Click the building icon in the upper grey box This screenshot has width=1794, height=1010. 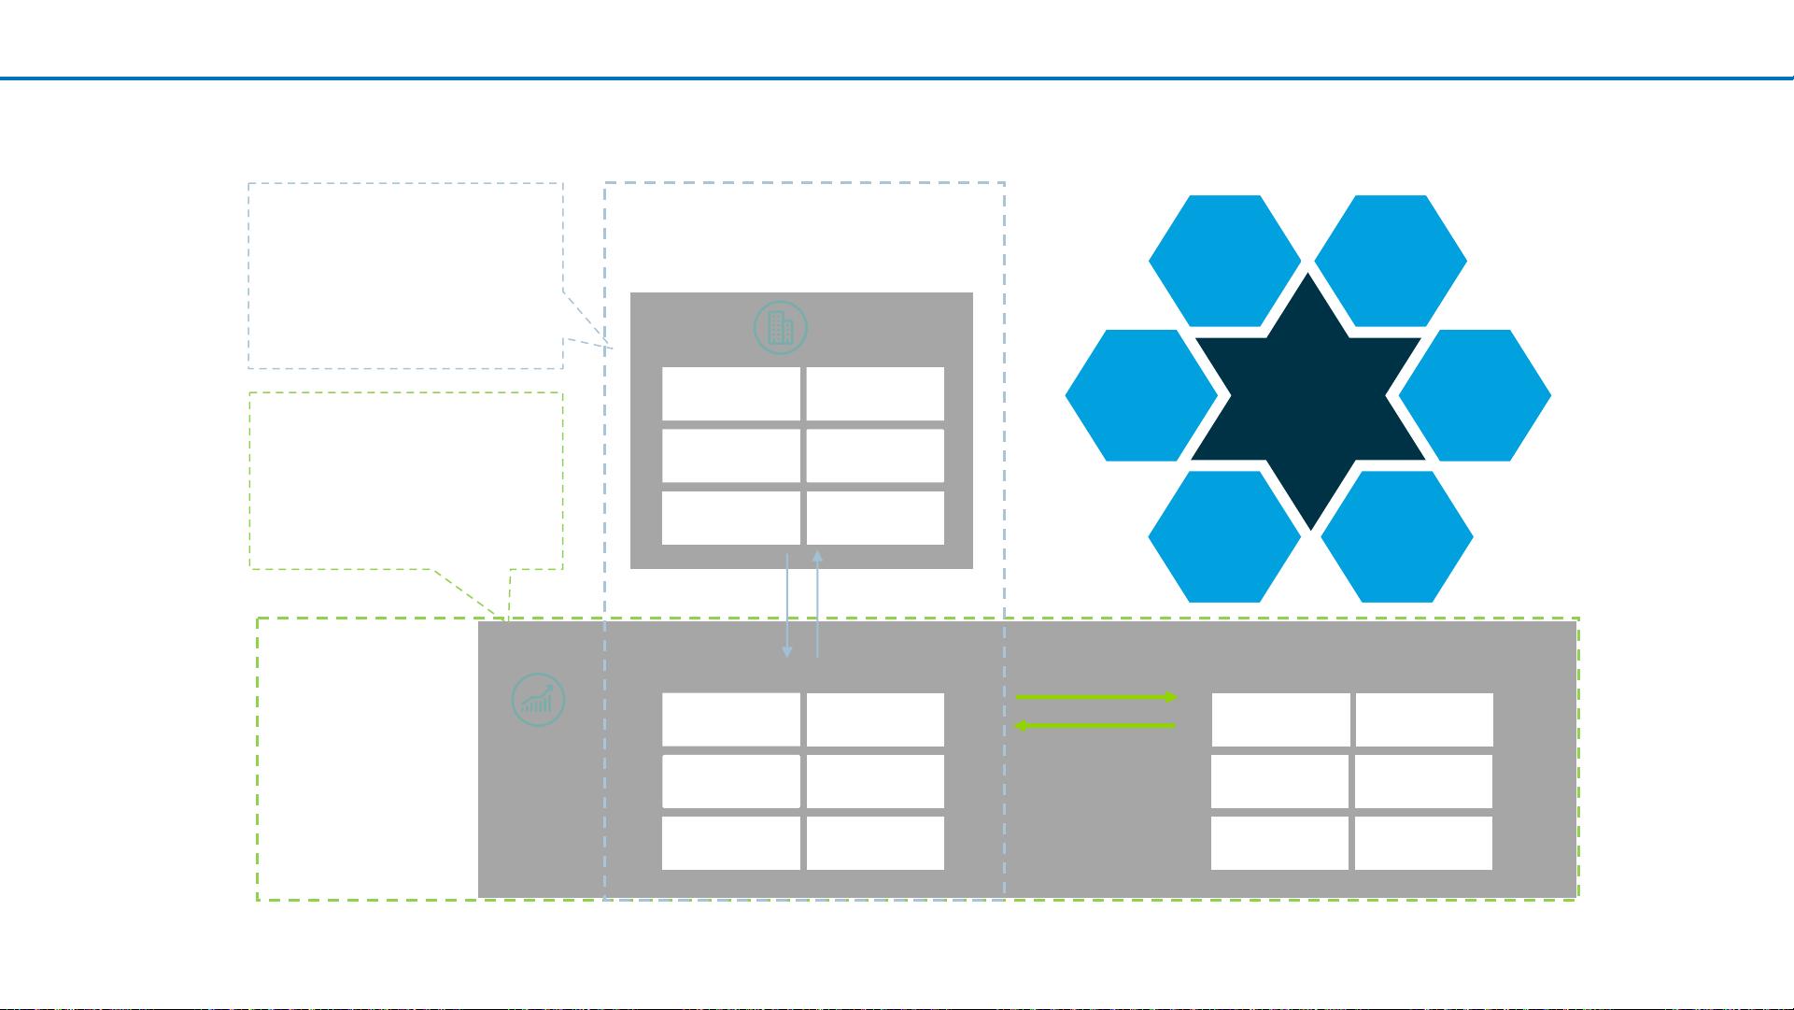coord(780,328)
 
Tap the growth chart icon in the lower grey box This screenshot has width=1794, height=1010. coord(539,701)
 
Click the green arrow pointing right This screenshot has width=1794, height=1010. coord(1095,697)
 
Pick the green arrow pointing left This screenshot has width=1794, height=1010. coord(1095,725)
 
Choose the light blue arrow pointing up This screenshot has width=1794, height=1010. coord(817,604)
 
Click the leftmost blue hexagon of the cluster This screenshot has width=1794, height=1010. coord(1141,395)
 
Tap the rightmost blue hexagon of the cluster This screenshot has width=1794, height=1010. coord(1475,395)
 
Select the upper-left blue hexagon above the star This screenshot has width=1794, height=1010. coord(1224,261)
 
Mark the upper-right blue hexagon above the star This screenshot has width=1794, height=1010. coord(1391,261)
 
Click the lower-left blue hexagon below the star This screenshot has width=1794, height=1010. coord(1224,536)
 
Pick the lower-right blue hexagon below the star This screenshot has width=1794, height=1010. coord(1397,536)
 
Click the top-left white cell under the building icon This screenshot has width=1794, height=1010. coord(730,393)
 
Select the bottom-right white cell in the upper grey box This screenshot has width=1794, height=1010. coord(875,518)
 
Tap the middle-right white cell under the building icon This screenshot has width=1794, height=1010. coord(875,456)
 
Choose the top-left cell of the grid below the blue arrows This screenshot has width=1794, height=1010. coord(730,719)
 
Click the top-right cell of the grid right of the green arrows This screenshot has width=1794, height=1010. coord(1424,719)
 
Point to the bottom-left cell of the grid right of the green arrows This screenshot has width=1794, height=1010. coord(1279,843)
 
